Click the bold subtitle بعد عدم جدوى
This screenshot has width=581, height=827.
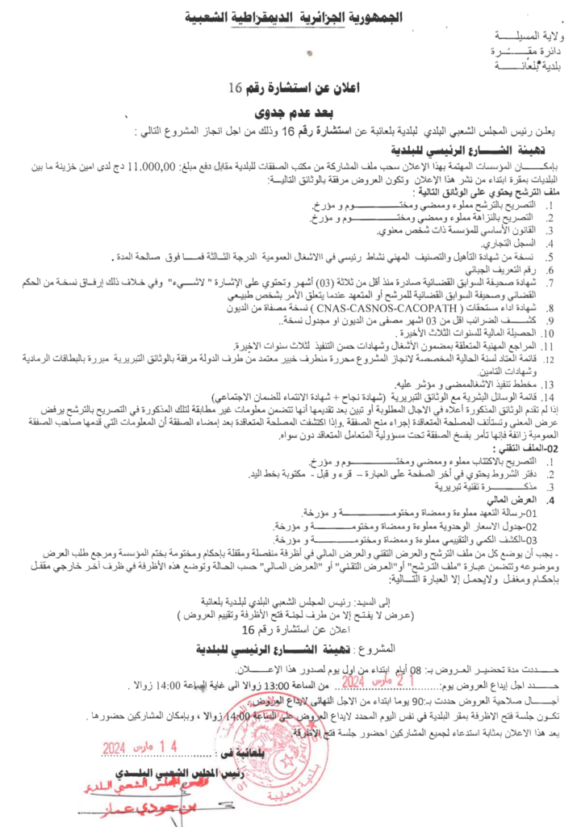[287, 111]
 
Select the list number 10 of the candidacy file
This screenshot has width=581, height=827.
[548, 332]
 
